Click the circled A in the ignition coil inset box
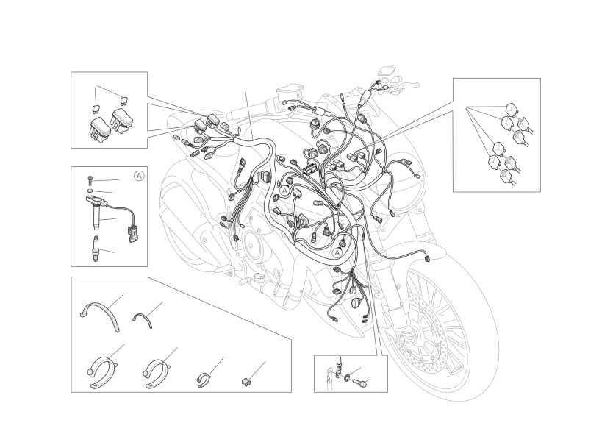coord(139,176)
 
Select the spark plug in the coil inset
coord(95,249)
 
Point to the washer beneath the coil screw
coord(90,191)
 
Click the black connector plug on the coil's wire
coord(132,234)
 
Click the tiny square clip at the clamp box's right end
coord(245,380)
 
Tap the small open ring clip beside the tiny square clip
coord(204,380)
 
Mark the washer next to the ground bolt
coord(347,378)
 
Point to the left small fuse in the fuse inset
coord(96,108)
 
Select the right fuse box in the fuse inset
coord(121,121)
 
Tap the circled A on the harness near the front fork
coord(337,253)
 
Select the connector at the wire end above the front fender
coord(427,257)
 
